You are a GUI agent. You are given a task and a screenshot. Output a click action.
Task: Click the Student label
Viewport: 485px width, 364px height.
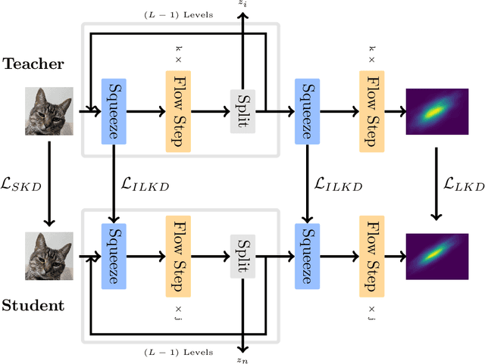click(x=35, y=306)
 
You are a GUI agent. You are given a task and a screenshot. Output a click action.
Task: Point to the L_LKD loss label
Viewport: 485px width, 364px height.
click(x=460, y=185)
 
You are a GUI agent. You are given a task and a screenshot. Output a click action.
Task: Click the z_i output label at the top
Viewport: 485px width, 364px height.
click(x=242, y=5)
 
